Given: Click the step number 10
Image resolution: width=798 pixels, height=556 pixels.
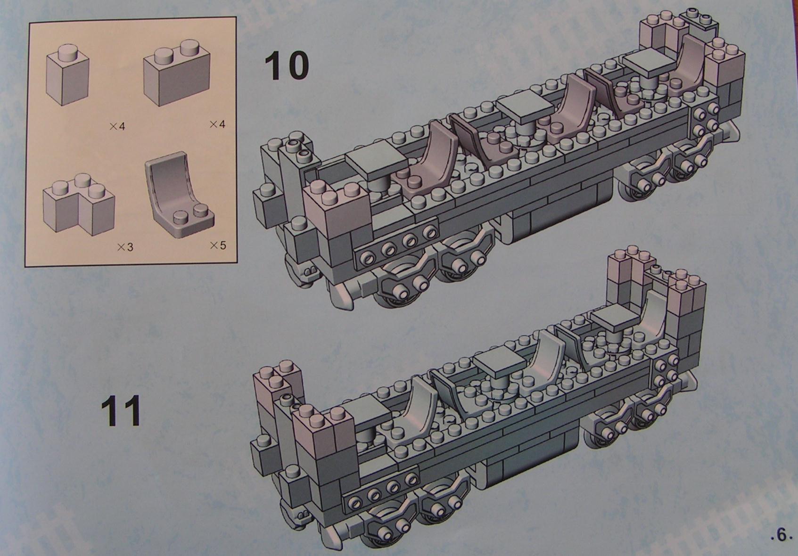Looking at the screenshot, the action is (x=287, y=65).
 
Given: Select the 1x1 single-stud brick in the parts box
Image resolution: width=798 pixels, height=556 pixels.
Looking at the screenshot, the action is (x=67, y=75).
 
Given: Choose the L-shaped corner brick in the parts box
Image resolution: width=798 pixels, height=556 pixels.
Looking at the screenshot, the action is (x=79, y=205).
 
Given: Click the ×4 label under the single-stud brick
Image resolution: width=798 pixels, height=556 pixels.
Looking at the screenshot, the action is (x=117, y=126).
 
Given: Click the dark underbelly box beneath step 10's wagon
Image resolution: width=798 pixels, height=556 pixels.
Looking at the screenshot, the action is (x=556, y=217).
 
